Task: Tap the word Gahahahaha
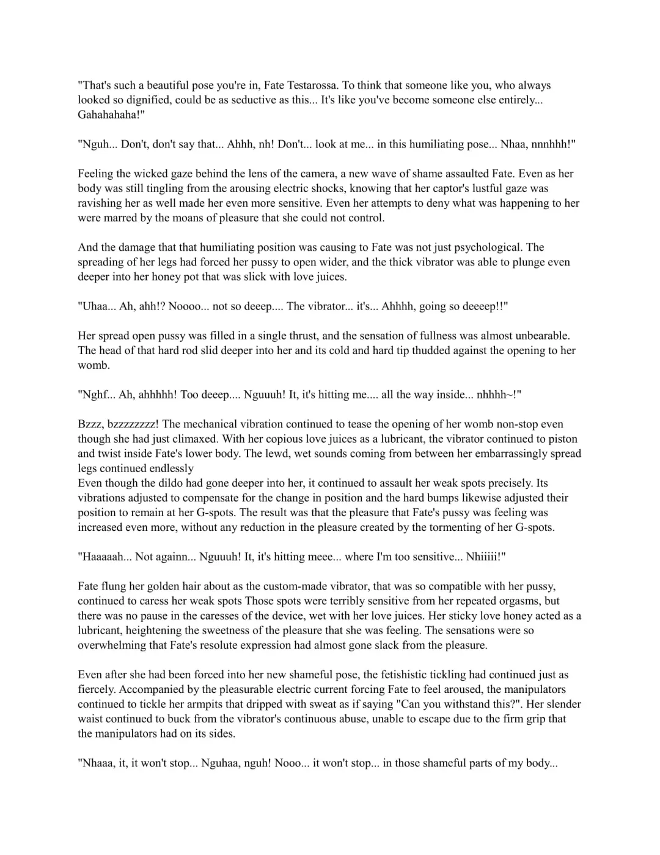(x=109, y=115)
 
